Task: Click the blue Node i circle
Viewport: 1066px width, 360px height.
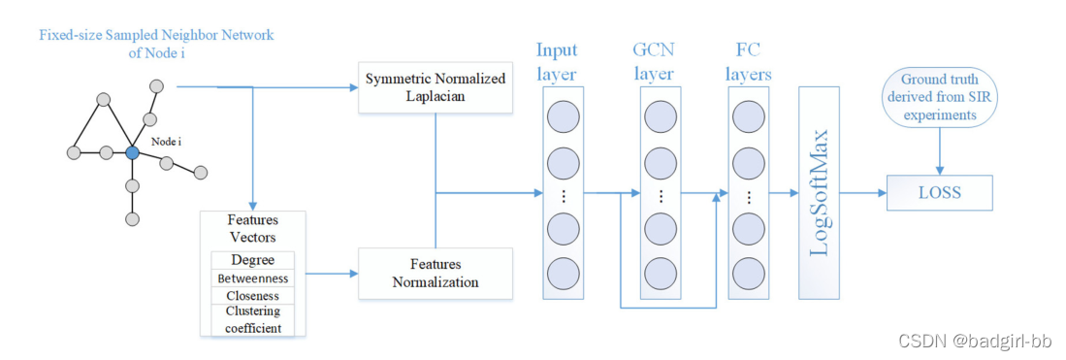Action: (x=133, y=152)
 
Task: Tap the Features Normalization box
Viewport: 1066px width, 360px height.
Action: (x=435, y=273)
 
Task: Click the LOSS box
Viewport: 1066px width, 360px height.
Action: (x=939, y=192)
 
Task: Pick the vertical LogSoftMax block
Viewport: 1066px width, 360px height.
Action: (x=819, y=192)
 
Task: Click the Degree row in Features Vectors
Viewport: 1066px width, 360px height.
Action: (x=252, y=260)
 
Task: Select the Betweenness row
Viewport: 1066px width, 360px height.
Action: (x=252, y=278)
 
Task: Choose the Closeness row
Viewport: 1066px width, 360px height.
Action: (x=252, y=295)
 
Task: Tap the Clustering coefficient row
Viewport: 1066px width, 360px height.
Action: (x=252, y=319)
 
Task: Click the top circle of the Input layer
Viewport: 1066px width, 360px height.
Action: (x=564, y=117)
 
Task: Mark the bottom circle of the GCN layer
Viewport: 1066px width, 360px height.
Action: (x=660, y=271)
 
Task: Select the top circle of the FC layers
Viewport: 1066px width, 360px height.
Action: (x=749, y=117)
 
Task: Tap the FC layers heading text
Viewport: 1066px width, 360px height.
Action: (x=749, y=62)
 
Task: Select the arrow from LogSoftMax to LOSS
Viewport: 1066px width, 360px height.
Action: (x=862, y=193)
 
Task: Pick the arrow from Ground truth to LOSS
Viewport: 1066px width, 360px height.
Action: (x=939, y=151)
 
